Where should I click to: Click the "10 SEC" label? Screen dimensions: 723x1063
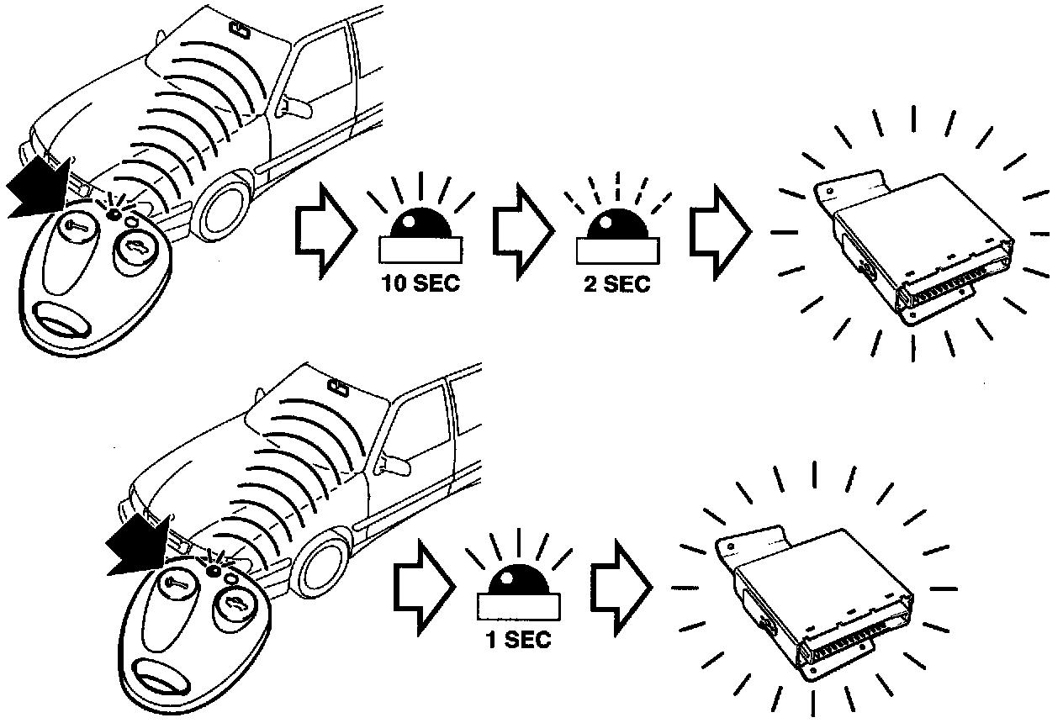[x=420, y=283]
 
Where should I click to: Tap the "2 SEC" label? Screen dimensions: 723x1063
[x=617, y=283]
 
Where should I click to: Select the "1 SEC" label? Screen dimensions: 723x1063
[x=519, y=640]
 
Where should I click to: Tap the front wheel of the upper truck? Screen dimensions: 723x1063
[x=222, y=206]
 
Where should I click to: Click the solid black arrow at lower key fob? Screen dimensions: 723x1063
[x=140, y=547]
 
